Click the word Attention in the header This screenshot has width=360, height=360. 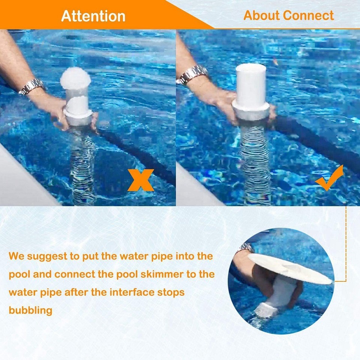click(x=93, y=16)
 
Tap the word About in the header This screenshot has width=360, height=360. click(x=262, y=15)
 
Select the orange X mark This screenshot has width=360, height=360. click(x=140, y=180)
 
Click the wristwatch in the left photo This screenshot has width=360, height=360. click(x=32, y=86)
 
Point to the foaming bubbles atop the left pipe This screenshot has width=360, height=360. click(x=75, y=78)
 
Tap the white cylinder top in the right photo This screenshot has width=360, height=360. click(x=250, y=84)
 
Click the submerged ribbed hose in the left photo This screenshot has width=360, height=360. click(x=82, y=165)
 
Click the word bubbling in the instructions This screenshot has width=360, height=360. click(x=30, y=310)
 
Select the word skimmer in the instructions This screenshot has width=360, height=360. click(x=161, y=274)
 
